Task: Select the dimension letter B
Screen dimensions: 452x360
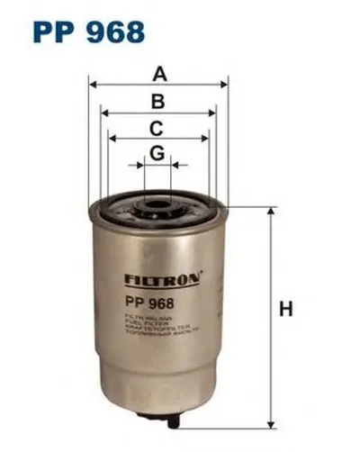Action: (158, 101)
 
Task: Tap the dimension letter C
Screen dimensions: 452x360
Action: (157, 127)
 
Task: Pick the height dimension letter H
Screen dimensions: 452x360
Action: (285, 309)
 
